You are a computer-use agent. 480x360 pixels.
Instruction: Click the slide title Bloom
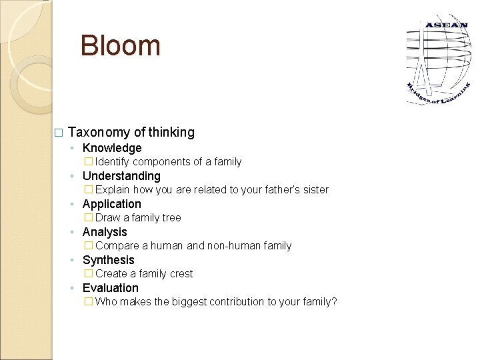[x=120, y=46]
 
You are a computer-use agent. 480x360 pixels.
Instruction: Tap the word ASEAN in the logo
[x=446, y=26]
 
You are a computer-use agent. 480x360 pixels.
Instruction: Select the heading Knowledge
[x=112, y=148]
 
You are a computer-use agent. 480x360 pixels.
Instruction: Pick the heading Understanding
[x=121, y=176]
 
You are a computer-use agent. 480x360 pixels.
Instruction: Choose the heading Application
[x=112, y=204]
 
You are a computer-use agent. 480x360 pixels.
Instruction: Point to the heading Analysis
[x=105, y=232]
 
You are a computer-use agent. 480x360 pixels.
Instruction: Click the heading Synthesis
[x=109, y=260]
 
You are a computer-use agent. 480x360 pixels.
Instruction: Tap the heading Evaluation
[x=111, y=288]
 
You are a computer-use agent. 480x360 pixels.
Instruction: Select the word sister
[x=314, y=190]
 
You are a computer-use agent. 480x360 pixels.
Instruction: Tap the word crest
[x=181, y=274]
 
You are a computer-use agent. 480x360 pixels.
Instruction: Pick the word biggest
[x=189, y=302]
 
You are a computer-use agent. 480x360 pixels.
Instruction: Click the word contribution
[x=236, y=302]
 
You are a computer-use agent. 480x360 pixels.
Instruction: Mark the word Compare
[x=117, y=246]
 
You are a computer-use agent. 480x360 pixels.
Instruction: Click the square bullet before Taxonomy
[x=58, y=133]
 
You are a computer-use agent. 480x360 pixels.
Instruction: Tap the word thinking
[x=173, y=132]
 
